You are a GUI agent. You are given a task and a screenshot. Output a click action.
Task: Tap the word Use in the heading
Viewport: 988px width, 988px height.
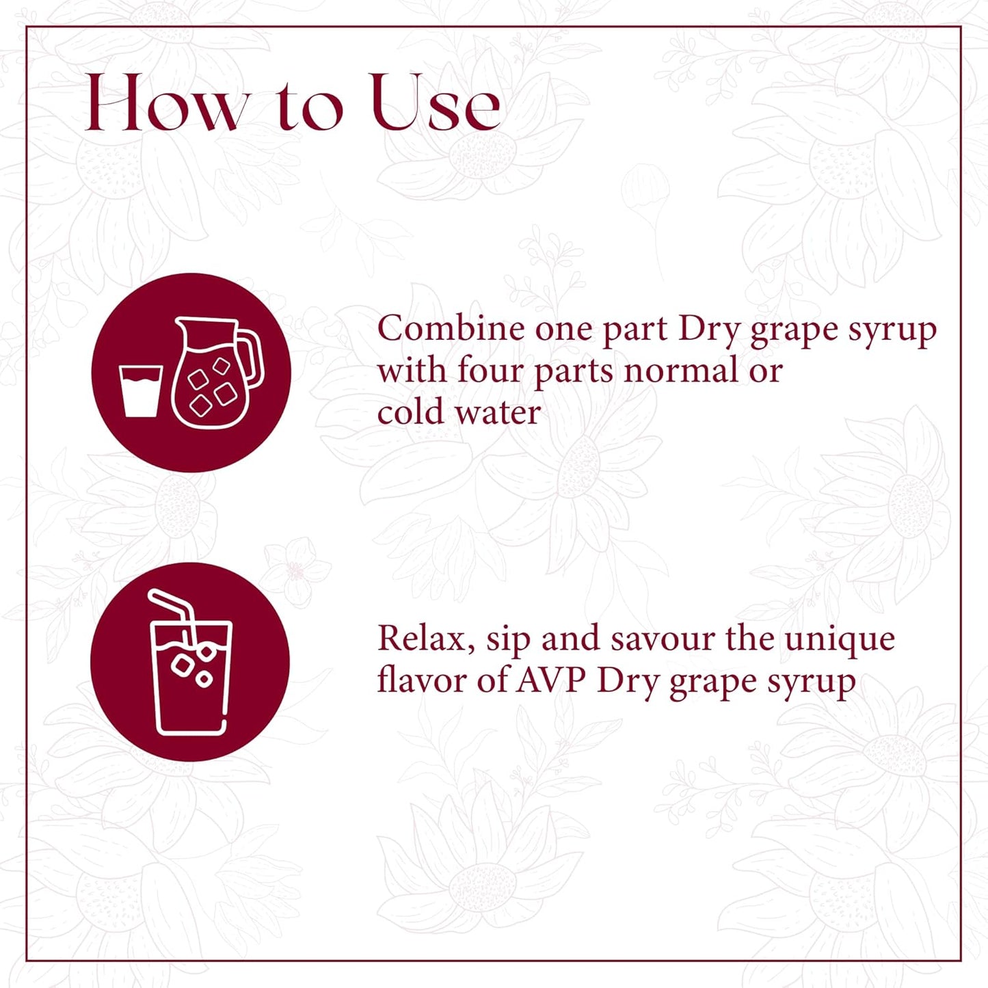(x=436, y=104)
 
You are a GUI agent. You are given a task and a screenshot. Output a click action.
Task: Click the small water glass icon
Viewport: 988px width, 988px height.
(x=140, y=390)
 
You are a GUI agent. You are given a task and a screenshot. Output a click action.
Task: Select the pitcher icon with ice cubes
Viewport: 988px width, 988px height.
(x=211, y=375)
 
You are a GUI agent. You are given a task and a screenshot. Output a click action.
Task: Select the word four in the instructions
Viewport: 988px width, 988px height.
(x=491, y=371)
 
